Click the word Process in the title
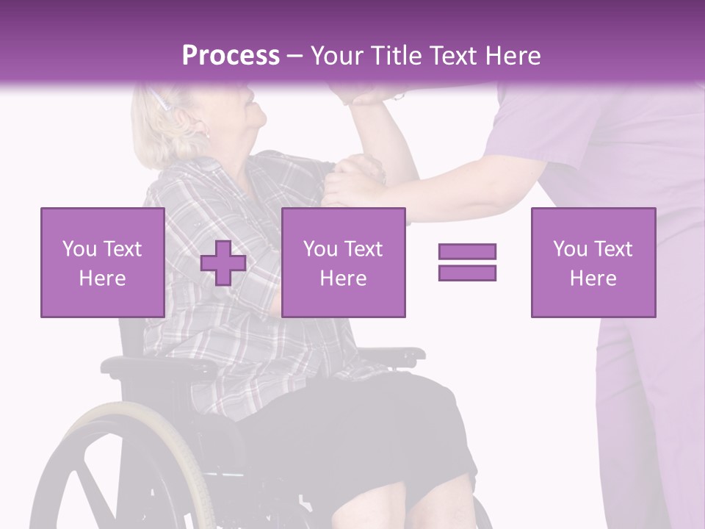(231, 56)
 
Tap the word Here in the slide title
(509, 56)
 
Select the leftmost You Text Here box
(102, 262)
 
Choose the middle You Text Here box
(343, 262)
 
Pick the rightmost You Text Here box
(593, 262)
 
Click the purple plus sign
(223, 262)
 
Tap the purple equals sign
(467, 262)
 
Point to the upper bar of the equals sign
(467, 251)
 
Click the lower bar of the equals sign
(467, 273)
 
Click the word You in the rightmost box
(569, 249)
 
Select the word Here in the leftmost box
(102, 278)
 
